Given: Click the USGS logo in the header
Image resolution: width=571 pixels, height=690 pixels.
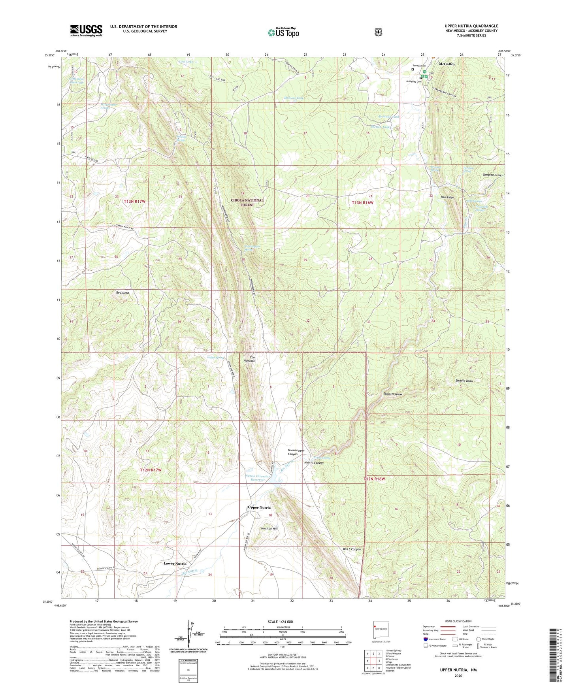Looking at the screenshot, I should coord(86,30).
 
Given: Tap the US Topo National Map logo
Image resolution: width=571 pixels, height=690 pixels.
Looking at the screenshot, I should coord(283,32).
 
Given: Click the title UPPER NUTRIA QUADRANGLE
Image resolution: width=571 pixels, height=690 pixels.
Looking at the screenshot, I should coord(471,26).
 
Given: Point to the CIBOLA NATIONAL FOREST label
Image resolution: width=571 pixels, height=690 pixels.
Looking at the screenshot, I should coord(247,202).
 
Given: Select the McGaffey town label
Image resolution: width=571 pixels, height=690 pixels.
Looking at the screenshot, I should coord(447,64).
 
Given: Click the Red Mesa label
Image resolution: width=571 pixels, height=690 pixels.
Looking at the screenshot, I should coord(122,293).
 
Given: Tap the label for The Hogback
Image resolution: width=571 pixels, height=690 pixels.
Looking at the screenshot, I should coord(252,359).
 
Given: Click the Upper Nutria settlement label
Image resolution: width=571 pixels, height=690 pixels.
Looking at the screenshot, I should coord(259,507).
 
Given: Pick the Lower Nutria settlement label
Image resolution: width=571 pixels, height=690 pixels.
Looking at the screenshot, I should coord(175,564).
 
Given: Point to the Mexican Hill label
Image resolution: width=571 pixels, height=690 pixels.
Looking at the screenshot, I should coord(269,528).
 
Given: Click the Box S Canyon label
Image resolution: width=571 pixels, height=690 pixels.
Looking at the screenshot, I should coord(351,549).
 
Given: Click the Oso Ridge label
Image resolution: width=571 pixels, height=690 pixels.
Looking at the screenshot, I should coord(447,197).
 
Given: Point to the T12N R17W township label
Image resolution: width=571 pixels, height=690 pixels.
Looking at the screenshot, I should coord(151,470).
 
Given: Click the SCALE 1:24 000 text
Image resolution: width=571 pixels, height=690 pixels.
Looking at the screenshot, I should coord(280,622).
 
